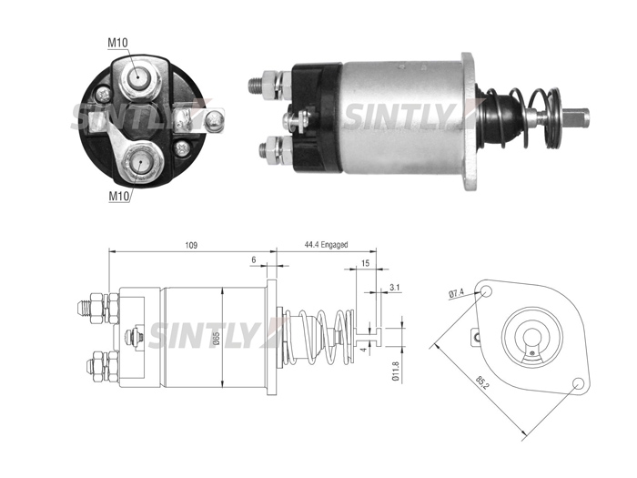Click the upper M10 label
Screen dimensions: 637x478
point(117,42)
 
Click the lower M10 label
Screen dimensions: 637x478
point(118,197)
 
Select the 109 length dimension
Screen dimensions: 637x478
point(191,245)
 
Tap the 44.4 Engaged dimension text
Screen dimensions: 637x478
point(326,245)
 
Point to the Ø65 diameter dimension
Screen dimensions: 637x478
point(217,339)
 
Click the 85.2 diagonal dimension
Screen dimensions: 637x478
point(482,383)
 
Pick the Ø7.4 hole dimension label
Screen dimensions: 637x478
point(457,293)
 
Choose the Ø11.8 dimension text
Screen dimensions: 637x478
point(396,371)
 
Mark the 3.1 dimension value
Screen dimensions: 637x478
point(394,288)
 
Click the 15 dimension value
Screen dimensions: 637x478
point(365,263)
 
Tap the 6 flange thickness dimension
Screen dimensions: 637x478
point(254,259)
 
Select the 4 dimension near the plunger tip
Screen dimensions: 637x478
point(364,349)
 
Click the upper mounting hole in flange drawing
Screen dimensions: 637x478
point(486,291)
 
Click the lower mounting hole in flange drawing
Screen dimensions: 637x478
point(578,383)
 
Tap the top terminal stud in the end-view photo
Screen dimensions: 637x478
point(137,76)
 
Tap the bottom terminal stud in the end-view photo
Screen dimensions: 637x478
point(139,163)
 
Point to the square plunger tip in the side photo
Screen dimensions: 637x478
point(577,117)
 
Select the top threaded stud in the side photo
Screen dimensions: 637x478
point(256,86)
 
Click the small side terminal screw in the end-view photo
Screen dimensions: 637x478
point(215,120)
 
